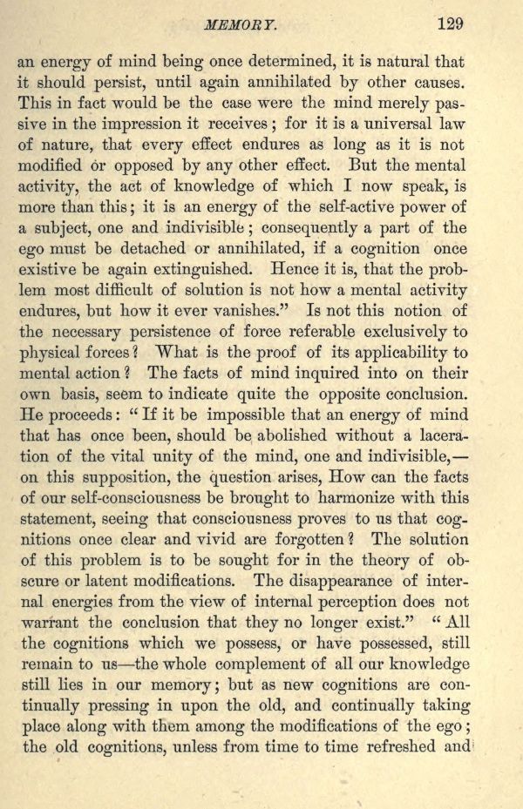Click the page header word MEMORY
coord(234,24)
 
